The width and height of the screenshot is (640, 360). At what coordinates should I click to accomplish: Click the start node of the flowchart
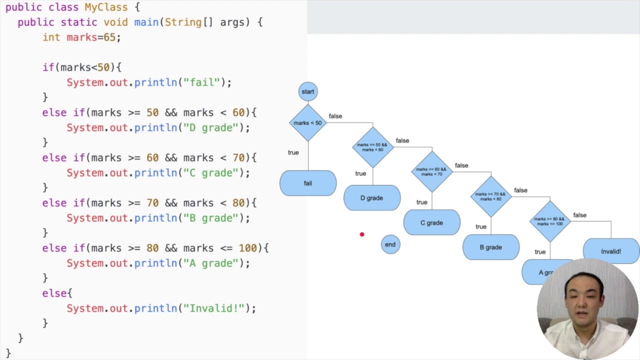pyautogui.click(x=308, y=91)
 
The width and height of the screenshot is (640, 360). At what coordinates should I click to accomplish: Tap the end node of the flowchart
pyautogui.click(x=390, y=244)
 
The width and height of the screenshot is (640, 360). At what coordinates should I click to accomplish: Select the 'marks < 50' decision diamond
pyautogui.click(x=308, y=123)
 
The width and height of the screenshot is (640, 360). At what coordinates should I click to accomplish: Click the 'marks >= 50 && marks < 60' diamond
pyautogui.click(x=372, y=147)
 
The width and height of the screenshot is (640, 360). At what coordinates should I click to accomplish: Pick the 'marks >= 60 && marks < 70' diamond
pyautogui.click(x=431, y=171)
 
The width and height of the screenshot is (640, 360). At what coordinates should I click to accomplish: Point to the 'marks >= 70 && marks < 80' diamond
pyautogui.click(x=490, y=196)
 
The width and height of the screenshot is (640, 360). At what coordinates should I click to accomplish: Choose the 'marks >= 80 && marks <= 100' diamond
pyautogui.click(x=549, y=221)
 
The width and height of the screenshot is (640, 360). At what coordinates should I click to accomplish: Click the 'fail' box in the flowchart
pyautogui.click(x=308, y=183)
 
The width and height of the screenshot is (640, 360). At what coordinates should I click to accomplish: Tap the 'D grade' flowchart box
pyautogui.click(x=372, y=198)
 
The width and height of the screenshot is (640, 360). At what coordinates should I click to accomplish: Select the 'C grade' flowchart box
pyautogui.click(x=431, y=222)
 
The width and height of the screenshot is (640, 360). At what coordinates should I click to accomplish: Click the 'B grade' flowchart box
pyautogui.click(x=490, y=247)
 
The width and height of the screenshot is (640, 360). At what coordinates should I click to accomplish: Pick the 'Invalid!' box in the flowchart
pyautogui.click(x=611, y=251)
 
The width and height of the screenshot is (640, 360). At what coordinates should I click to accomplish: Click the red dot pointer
pyautogui.click(x=362, y=234)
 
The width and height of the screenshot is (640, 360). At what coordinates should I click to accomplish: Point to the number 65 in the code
pyautogui.click(x=109, y=37)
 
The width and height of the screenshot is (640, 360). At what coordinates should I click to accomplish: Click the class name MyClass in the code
pyautogui.click(x=106, y=7)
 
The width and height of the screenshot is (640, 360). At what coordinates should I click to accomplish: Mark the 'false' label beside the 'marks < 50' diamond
pyautogui.click(x=335, y=116)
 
